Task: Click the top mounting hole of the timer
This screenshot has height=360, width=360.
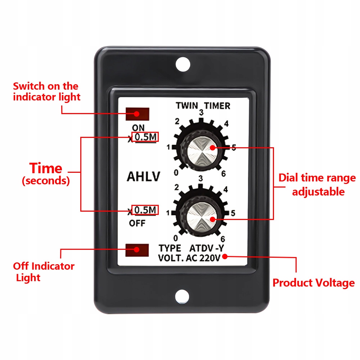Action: [x=183, y=64]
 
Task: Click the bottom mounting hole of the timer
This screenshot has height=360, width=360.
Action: [x=182, y=296]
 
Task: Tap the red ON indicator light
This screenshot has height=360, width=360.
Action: [x=137, y=114]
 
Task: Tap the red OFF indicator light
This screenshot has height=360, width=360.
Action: [x=137, y=250]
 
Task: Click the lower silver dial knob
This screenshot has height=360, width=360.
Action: [x=201, y=219]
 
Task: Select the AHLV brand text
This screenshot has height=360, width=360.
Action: [x=144, y=177]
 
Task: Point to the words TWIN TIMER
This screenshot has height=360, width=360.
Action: [x=203, y=106]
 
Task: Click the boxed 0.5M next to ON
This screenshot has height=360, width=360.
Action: [x=145, y=137]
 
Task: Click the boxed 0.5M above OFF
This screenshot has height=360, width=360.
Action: [x=145, y=210]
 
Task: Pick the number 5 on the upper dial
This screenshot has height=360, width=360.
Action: [x=234, y=148]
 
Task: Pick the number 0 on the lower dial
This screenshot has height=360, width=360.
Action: [x=175, y=238]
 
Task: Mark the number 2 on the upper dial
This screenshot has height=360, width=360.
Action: [x=177, y=121]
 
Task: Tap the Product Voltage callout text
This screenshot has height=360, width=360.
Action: [x=313, y=283]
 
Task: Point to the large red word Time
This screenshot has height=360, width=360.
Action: [x=46, y=168]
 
